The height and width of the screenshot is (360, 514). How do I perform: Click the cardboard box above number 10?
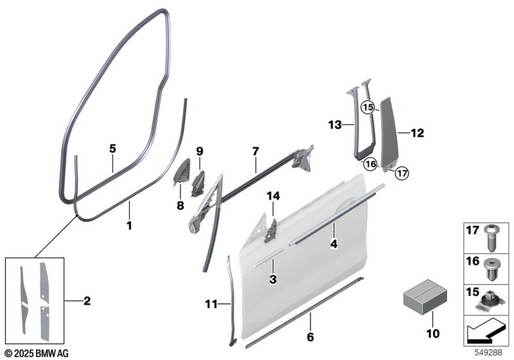[425, 296]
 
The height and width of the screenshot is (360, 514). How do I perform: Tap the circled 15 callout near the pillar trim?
[368, 107]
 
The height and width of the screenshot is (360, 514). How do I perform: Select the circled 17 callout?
[402, 173]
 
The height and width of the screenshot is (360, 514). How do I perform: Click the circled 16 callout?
[371, 164]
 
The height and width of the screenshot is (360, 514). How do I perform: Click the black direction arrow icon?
[486, 331]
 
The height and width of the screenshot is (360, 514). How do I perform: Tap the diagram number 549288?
[489, 353]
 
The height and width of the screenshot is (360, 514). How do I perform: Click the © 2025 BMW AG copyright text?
[37, 353]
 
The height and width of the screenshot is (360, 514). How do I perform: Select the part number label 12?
[417, 133]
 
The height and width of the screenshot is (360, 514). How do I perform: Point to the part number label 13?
[335, 125]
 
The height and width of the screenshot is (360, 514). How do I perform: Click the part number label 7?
[255, 151]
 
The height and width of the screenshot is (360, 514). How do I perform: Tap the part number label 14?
[273, 196]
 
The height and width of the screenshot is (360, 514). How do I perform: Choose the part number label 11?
[211, 304]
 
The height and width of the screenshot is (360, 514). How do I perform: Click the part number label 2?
[87, 301]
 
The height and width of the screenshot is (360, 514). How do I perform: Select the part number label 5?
[113, 149]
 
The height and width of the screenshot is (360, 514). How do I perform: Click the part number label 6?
[310, 337]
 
